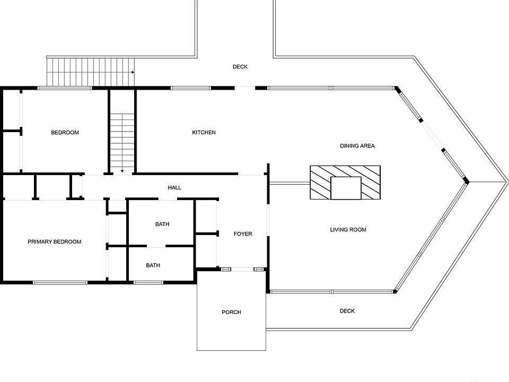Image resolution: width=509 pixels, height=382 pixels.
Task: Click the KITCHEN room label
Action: tap(204, 132)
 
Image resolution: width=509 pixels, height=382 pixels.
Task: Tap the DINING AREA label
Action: tap(357, 145)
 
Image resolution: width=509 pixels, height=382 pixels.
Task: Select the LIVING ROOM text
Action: tap(348, 230)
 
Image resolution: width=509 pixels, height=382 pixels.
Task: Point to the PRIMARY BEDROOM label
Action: tap(54, 242)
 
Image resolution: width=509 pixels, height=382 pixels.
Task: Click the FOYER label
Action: tap(243, 234)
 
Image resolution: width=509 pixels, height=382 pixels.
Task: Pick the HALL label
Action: tap(174, 188)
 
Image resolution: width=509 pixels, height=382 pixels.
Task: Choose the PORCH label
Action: tap(231, 312)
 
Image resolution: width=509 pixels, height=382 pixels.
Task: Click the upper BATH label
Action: tap(162, 224)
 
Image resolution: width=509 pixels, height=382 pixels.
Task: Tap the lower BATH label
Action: tap(153, 265)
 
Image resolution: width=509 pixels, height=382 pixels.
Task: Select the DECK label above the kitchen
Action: tap(240, 67)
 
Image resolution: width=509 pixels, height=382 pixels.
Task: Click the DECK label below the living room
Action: tap(347, 311)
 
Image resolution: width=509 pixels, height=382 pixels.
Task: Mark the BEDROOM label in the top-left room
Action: tap(65, 133)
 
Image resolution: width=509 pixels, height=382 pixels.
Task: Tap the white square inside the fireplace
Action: tap(346, 188)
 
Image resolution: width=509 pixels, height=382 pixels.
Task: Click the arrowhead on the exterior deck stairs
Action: tap(133, 72)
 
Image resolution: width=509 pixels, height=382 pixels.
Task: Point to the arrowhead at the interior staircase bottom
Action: tap(122, 171)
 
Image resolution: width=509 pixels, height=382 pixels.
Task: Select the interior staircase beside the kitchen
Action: tap(122, 141)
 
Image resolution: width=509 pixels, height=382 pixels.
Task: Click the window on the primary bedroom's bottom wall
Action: tap(60, 282)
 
